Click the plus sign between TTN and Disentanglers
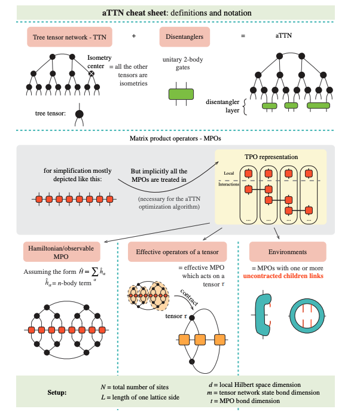coord(133,36)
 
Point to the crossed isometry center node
coord(91,74)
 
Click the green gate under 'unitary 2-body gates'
coord(181,94)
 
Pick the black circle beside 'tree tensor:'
coord(79,113)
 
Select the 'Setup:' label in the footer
coord(60,394)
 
